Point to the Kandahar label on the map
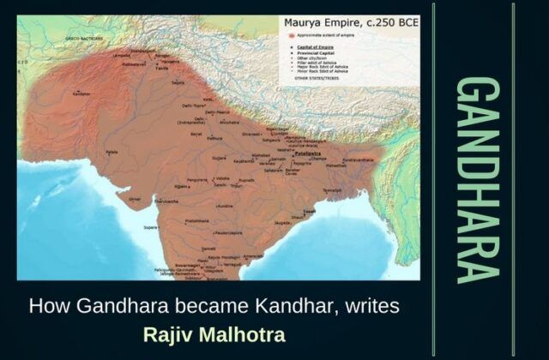[x=81, y=93]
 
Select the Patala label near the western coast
[x=111, y=153]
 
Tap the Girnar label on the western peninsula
[x=134, y=197]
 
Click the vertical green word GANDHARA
[x=477, y=179]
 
